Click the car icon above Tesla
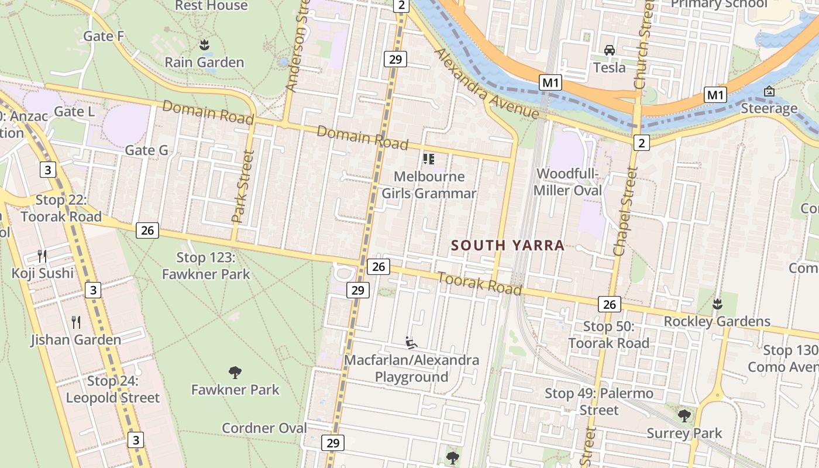click(x=610, y=50)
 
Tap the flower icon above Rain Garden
click(x=204, y=44)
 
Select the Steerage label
click(x=769, y=108)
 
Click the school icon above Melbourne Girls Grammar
click(x=429, y=159)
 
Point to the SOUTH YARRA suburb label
click(x=508, y=246)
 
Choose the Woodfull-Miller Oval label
click(x=568, y=182)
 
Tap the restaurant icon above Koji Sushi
click(x=42, y=256)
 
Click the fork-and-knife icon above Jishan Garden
click(x=76, y=322)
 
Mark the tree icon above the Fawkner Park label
click(x=235, y=372)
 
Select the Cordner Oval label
click(x=264, y=428)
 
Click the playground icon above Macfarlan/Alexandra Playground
click(x=412, y=342)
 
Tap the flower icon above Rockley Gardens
click(x=717, y=304)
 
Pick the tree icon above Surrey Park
click(x=684, y=416)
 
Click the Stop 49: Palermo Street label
click(x=599, y=401)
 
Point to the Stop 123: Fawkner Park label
click(x=206, y=266)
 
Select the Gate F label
click(x=104, y=36)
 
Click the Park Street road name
click(x=244, y=187)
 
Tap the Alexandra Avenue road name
click(x=486, y=84)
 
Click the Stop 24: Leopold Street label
click(x=113, y=390)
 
